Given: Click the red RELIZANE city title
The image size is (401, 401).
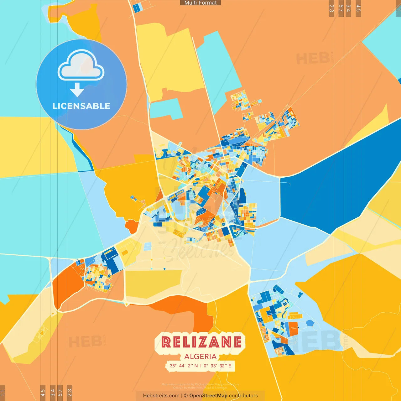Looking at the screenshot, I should pos(201,342).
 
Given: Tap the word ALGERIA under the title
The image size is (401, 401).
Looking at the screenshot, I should pos(200,357).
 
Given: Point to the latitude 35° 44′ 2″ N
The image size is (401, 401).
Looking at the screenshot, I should pos(184,366).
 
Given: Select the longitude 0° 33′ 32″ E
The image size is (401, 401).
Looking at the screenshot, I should pos(217,366).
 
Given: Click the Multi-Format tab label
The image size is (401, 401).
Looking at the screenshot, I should pos(200,3).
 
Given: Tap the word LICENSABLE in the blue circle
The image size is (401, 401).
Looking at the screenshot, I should pos(81,106).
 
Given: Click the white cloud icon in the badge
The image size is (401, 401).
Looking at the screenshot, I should pos(81,66).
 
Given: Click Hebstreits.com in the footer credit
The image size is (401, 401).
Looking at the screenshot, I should pos(161,396).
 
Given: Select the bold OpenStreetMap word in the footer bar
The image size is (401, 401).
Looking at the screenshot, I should pos(208,396).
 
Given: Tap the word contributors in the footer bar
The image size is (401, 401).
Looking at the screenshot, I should pos(243,396).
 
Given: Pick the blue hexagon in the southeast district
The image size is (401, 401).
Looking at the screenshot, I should pos(310,323).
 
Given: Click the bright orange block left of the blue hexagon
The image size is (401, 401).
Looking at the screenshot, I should pos(293,329).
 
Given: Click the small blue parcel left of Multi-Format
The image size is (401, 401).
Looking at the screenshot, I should pos(138,8).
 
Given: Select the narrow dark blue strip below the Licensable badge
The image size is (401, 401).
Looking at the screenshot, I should pos(82,150).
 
